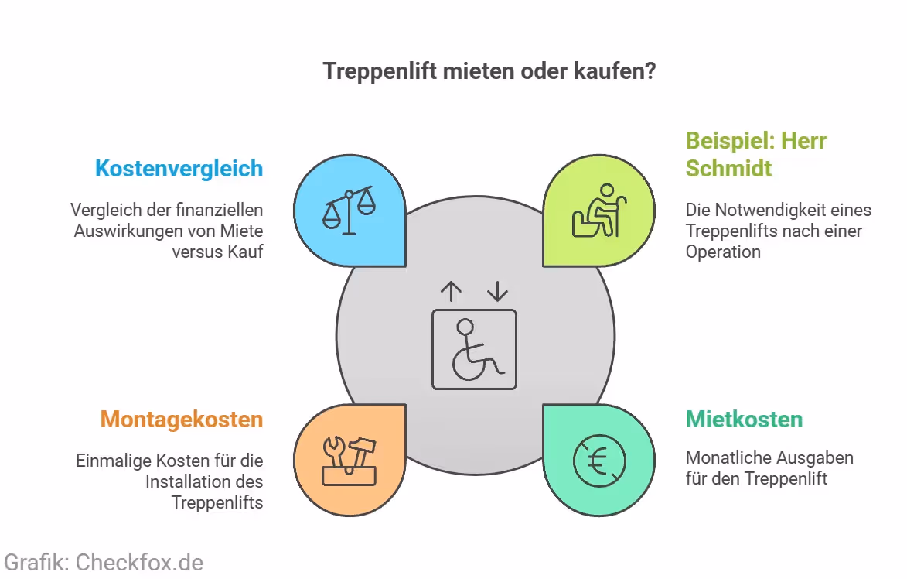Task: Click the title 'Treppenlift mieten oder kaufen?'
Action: pyautogui.click(x=489, y=71)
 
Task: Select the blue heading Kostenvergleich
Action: pyautogui.click(x=179, y=169)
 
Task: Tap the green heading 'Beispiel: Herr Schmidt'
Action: pyautogui.click(x=755, y=154)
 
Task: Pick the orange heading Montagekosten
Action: pyautogui.click(x=182, y=420)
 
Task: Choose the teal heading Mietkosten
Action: pyautogui.click(x=744, y=420)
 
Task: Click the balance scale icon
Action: pyautogui.click(x=349, y=211)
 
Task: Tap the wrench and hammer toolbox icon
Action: pyautogui.click(x=349, y=461)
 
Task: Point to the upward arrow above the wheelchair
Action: pyautogui.click(x=451, y=291)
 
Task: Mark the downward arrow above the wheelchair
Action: pyautogui.click(x=497, y=291)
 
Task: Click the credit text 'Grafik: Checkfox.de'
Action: pyautogui.click(x=104, y=562)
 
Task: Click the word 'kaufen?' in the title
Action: pyautogui.click(x=619, y=71)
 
